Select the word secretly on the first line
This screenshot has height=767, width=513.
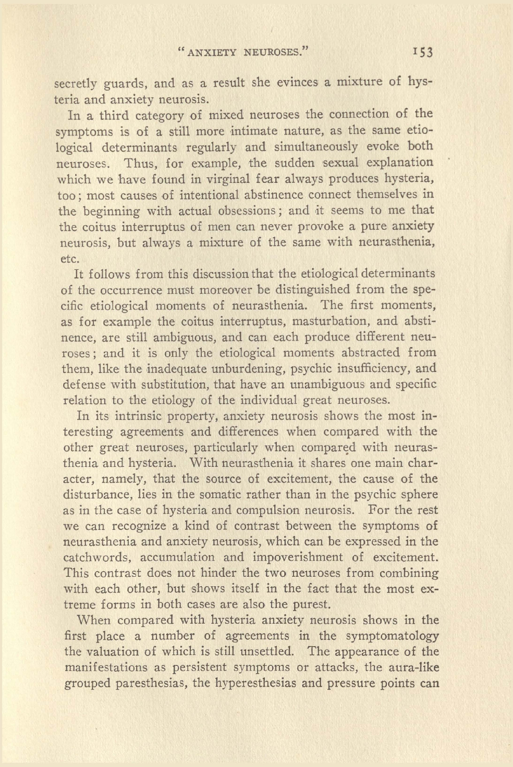click(x=76, y=83)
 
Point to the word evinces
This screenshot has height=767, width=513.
click(x=297, y=82)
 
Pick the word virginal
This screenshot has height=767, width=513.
click(x=218, y=179)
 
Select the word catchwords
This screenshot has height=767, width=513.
click(x=96, y=558)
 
